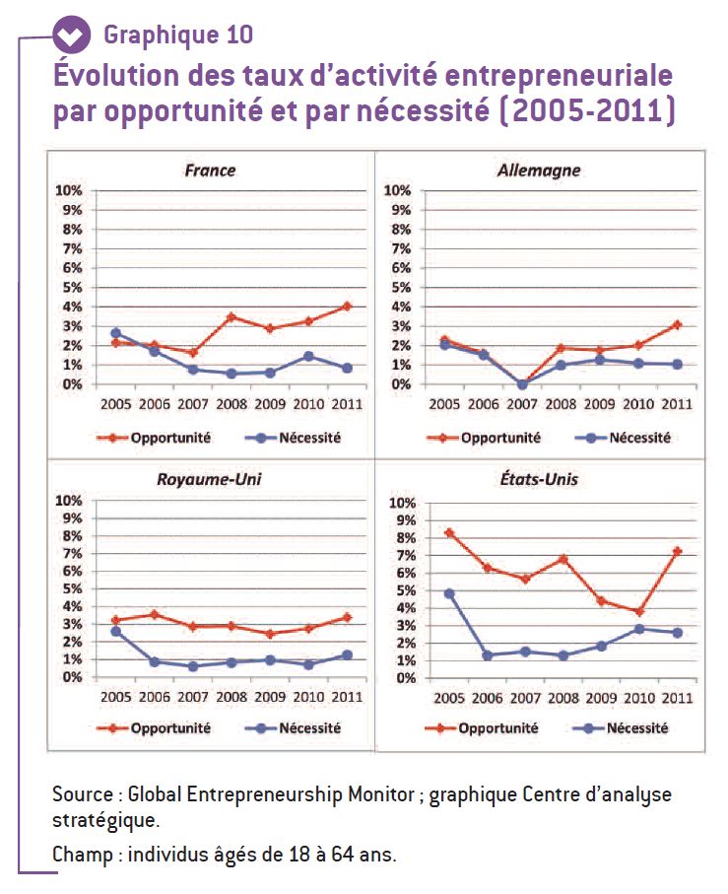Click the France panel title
[x=210, y=171]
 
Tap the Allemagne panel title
[x=539, y=171]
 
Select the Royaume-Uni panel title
[x=209, y=479]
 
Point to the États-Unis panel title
[x=539, y=479]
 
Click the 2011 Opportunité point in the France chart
[x=347, y=307]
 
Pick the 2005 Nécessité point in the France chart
[x=115, y=333]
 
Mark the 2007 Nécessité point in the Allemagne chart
[x=522, y=384]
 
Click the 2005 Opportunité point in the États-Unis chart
[x=449, y=532]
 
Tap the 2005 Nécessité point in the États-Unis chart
[x=449, y=593]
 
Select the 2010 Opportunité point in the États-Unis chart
[x=639, y=611]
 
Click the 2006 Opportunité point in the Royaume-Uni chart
[x=155, y=614]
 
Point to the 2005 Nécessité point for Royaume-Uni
[x=115, y=631]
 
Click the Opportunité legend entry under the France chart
[x=154, y=438]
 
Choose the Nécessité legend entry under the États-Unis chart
[x=621, y=728]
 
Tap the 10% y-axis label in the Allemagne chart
[x=396, y=190]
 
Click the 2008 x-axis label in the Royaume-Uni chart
[x=232, y=697]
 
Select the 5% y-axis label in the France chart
[x=72, y=288]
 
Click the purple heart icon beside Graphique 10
[x=72, y=35]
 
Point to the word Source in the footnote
[x=83, y=794]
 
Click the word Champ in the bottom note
[x=83, y=855]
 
